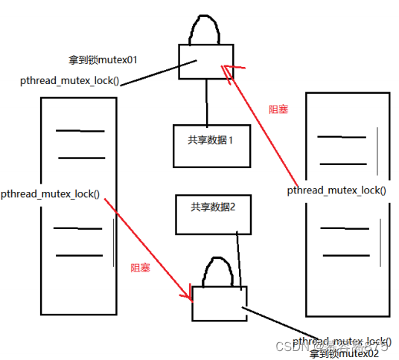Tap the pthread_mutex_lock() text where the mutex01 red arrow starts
(336, 190)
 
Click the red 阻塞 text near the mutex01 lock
(278, 109)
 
